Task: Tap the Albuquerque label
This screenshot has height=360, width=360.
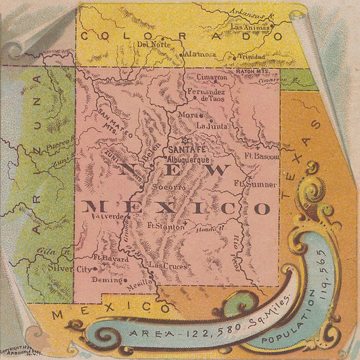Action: pos(188,161)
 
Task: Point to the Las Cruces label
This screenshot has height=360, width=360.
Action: pos(168,265)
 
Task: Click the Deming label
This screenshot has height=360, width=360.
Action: pos(104,280)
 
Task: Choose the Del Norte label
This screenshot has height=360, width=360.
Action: pos(150,44)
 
